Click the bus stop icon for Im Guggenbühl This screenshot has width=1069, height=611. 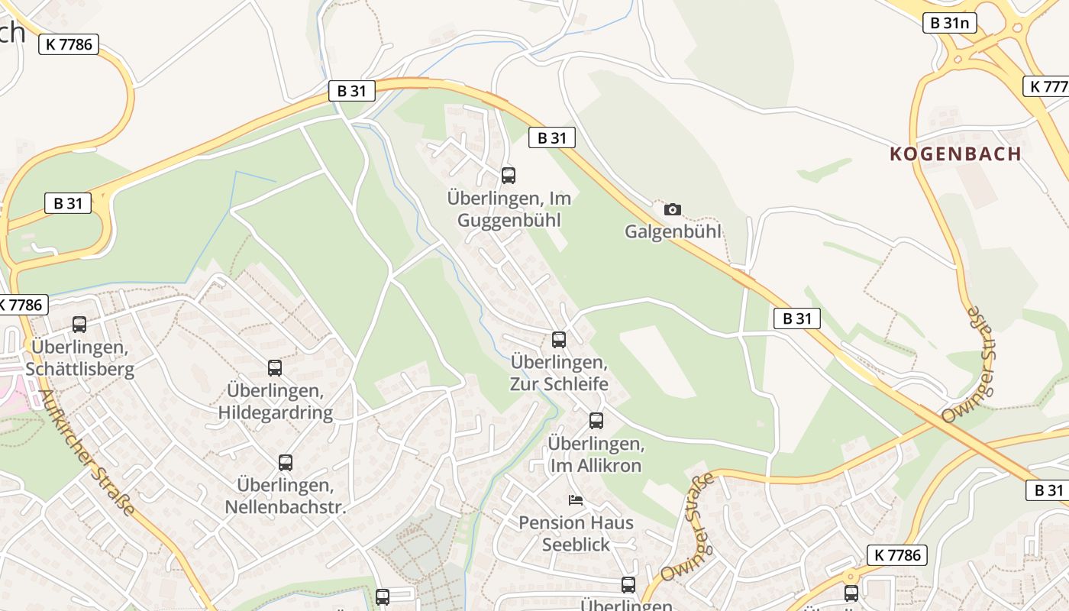[x=509, y=175]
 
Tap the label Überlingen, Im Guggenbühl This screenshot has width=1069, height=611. [x=509, y=209]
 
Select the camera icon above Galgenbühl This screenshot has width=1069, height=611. [x=673, y=209]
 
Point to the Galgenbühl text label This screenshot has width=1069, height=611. [x=673, y=231]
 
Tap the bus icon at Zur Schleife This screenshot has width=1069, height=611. [x=559, y=340]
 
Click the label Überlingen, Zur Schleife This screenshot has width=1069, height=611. [x=559, y=373]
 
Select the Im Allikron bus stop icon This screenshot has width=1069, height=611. [x=596, y=420]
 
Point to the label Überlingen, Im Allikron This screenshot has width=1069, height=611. [x=596, y=454]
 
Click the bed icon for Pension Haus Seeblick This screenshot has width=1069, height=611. [x=576, y=501]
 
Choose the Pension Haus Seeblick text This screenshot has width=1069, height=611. [x=576, y=533]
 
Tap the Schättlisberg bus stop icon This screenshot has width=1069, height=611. [x=79, y=325]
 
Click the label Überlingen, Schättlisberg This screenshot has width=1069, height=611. [x=79, y=358]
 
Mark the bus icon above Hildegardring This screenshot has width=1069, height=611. [x=275, y=368]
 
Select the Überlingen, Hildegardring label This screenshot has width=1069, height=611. [x=276, y=402]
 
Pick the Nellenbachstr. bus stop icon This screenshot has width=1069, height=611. [x=286, y=462]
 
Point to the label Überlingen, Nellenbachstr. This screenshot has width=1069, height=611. [x=286, y=496]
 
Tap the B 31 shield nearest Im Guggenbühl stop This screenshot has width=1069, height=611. [x=551, y=137]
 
